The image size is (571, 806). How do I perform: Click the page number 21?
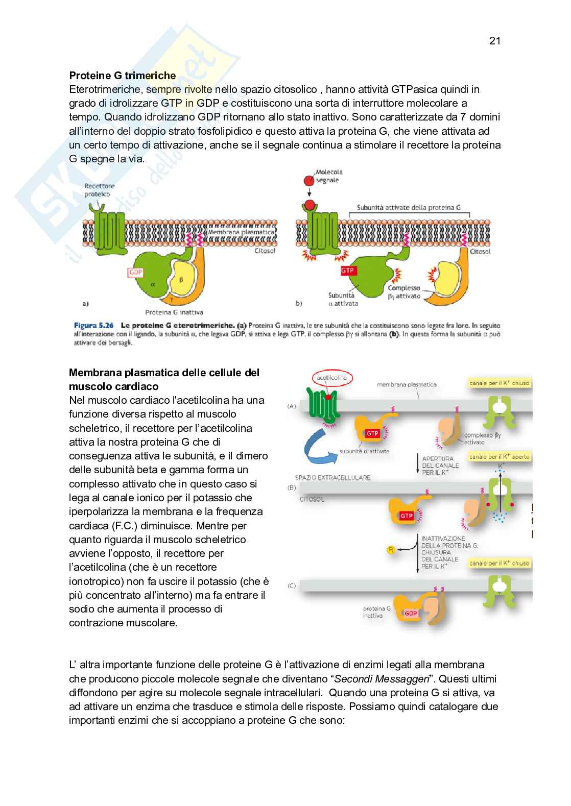click(494, 41)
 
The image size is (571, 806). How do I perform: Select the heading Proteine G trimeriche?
click(123, 76)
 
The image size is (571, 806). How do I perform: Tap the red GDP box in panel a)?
click(135, 273)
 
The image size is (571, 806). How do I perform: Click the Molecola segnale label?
click(329, 176)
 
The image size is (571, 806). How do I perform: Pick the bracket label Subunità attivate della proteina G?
click(409, 207)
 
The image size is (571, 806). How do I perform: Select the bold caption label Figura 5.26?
click(93, 325)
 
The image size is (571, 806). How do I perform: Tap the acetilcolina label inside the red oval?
click(331, 378)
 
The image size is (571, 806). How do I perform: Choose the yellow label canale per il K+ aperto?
click(499, 457)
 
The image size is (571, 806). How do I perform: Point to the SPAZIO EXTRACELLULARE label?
click(332, 477)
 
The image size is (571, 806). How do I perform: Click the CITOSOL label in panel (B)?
click(312, 499)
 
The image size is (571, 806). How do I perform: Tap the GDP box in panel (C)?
click(411, 613)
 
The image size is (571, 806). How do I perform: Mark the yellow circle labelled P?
click(391, 549)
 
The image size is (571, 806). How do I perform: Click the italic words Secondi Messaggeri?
click(380, 679)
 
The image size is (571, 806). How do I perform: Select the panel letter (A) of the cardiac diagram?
click(292, 406)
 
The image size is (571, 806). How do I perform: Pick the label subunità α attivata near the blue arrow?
click(364, 451)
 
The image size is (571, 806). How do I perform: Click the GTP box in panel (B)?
click(407, 516)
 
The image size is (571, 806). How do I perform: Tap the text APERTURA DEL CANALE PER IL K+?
click(440, 466)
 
